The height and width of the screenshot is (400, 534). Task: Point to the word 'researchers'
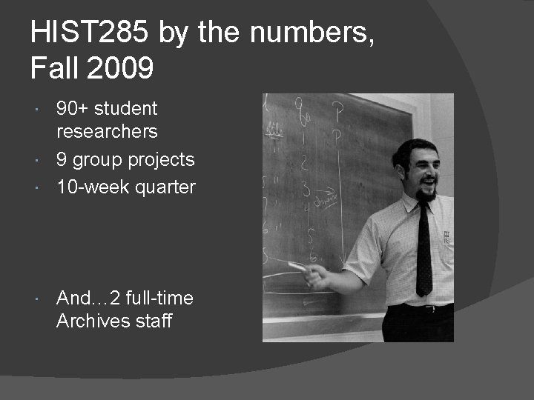pyautogui.click(x=107, y=132)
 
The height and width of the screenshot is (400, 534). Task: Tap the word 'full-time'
pyautogui.click(x=159, y=299)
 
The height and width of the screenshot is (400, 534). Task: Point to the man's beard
pyautogui.click(x=426, y=194)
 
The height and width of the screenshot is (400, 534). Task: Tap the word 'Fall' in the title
pyautogui.click(x=54, y=69)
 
